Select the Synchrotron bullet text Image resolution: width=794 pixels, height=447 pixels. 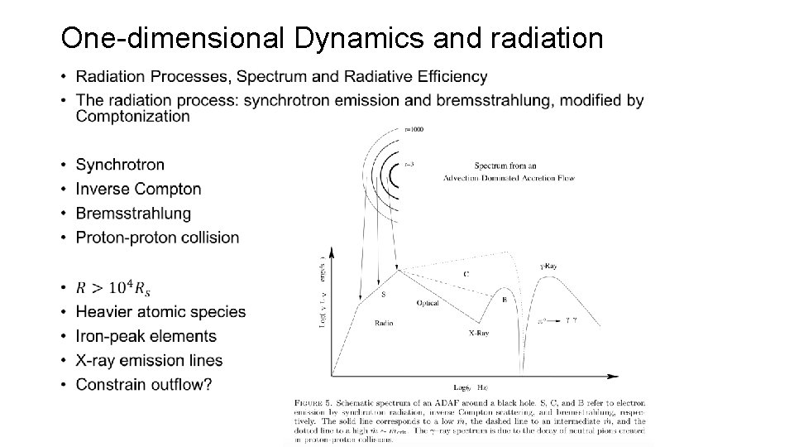pyautogui.click(x=120, y=165)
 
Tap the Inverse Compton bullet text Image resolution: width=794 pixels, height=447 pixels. pyautogui.click(x=138, y=189)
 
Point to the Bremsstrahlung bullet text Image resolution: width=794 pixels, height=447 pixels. pyautogui.click(x=133, y=214)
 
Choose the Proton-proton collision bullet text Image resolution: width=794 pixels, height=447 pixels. pyautogui.click(x=157, y=238)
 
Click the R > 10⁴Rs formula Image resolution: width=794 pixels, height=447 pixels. pyautogui.click(x=113, y=288)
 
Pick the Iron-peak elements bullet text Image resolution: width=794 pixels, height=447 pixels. pyautogui.click(x=146, y=336)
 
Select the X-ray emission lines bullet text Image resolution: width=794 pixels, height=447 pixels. pyautogui.click(x=149, y=360)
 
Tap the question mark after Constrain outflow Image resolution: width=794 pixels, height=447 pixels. pyautogui.click(x=207, y=384)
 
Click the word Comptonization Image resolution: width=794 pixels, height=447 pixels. pyautogui.click(x=132, y=117)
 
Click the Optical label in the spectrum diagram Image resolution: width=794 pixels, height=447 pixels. pyautogui.click(x=428, y=303)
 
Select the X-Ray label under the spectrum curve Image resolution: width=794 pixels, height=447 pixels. pyautogui.click(x=479, y=334)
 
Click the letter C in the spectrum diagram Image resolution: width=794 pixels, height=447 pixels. pyautogui.click(x=466, y=274)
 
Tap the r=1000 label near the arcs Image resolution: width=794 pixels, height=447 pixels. pyautogui.click(x=414, y=129)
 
